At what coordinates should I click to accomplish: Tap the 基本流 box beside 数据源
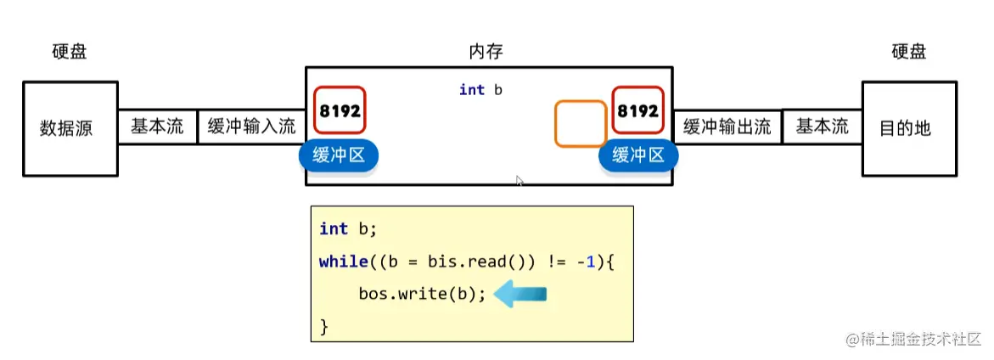click(x=157, y=127)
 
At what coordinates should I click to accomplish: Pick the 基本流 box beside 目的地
click(x=822, y=127)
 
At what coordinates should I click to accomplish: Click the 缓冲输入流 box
click(x=251, y=127)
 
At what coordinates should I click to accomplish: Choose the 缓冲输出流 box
click(x=727, y=127)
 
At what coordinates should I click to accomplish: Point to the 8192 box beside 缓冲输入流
click(x=340, y=110)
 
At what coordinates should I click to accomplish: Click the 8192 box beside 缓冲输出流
click(x=637, y=110)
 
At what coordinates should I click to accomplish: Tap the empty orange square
click(x=581, y=123)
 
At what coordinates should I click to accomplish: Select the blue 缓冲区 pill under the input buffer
click(x=338, y=155)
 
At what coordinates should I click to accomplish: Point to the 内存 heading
click(x=486, y=52)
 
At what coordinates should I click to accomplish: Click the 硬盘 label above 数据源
click(x=70, y=52)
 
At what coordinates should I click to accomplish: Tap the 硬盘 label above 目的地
click(x=908, y=52)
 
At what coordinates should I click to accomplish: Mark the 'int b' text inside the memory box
click(x=480, y=90)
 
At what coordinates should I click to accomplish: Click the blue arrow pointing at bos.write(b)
click(x=519, y=295)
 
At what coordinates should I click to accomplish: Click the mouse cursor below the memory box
click(x=519, y=181)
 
